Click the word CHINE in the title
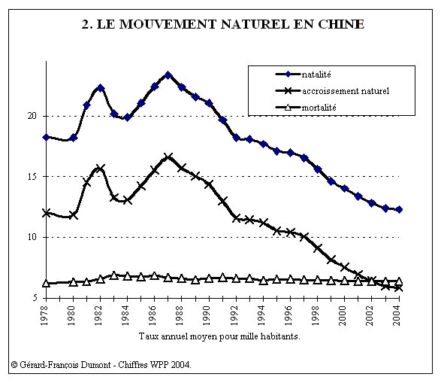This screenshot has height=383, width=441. coord(341,24)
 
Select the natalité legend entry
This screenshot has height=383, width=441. coord(304,74)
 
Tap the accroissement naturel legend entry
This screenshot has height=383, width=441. coord(332,91)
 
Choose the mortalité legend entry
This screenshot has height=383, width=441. coord(306,108)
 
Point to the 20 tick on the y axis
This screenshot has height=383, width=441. coord(32,116)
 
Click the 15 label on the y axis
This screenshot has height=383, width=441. coord(32,176)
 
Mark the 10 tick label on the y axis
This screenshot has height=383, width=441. coord(32,237)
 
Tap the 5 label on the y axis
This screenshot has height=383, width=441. coord(35,297)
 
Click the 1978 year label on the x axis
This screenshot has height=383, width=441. coord(44,315)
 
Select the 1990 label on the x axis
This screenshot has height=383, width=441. coord(207,315)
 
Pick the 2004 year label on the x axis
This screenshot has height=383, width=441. coord(397,315)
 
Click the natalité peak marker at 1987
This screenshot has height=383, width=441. coord(168,75)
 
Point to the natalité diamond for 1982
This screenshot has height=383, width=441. coord(101,88)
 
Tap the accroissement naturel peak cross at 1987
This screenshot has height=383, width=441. coord(168,157)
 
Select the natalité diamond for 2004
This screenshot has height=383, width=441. coord(399,209)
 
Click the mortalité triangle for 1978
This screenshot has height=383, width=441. coord(46,283)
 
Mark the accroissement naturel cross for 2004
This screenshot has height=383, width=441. coord(399,288)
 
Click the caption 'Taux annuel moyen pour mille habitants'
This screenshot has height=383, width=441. coord(219,336)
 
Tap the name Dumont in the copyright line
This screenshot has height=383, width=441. coord(95,365)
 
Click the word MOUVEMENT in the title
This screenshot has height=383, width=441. coord(168,24)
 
